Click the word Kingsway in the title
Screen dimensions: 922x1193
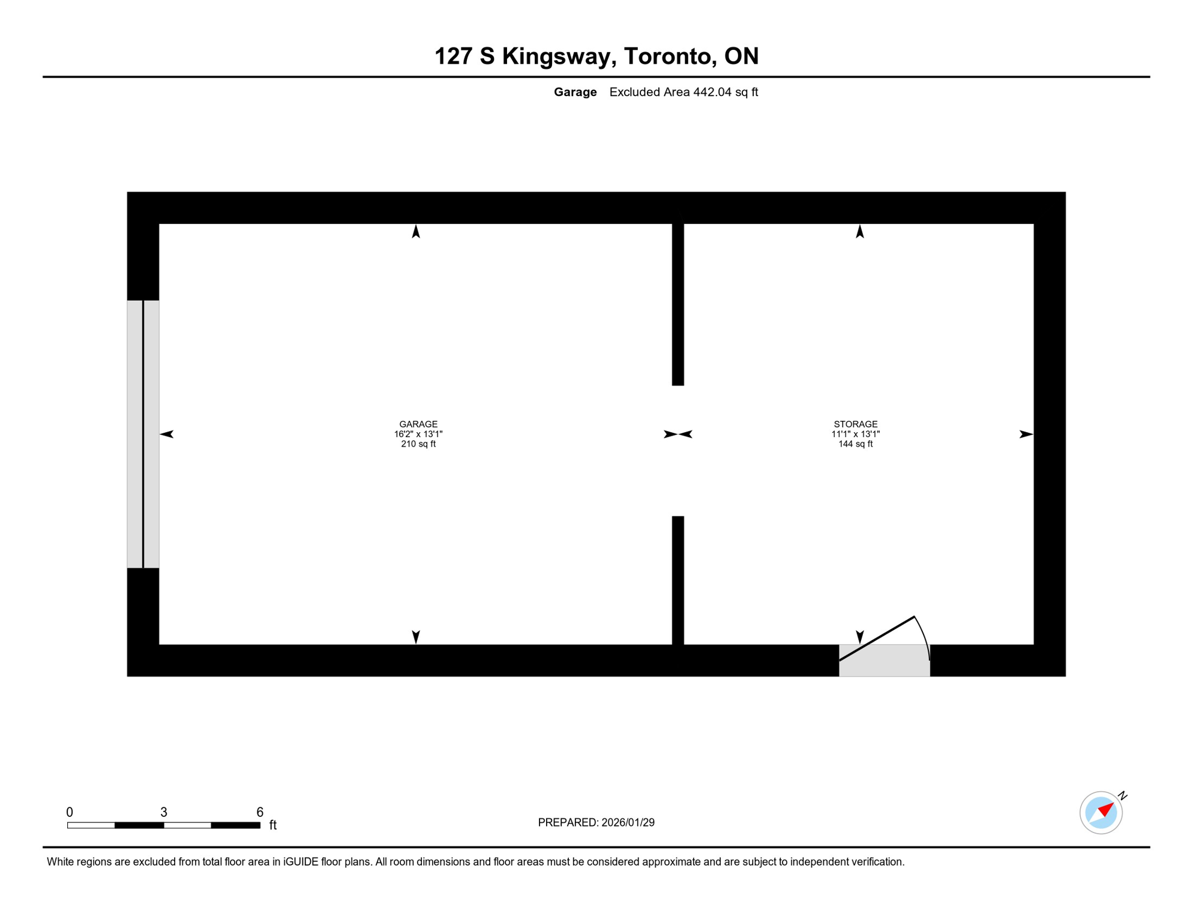tap(556, 56)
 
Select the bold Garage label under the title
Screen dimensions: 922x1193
tap(575, 92)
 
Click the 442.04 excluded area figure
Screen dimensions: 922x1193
tap(712, 92)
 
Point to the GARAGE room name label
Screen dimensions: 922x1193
tap(418, 424)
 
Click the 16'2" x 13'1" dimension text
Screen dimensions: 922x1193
tap(418, 434)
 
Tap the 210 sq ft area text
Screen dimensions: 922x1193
tap(418, 444)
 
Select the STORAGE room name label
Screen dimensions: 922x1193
tap(855, 424)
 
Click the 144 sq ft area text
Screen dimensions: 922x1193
tap(855, 444)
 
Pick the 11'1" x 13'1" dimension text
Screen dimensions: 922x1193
tap(855, 434)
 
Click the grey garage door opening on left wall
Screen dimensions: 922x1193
tap(143, 433)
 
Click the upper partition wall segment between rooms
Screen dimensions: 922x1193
tap(678, 304)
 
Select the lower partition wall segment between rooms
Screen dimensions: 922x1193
tap(678, 580)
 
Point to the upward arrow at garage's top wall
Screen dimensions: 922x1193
tap(416, 232)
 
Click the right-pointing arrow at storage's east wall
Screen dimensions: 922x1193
tap(1026, 434)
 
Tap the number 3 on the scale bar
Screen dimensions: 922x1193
tap(164, 812)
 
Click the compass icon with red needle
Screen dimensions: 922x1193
tap(1101, 812)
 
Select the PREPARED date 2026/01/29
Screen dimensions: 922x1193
tap(628, 822)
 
